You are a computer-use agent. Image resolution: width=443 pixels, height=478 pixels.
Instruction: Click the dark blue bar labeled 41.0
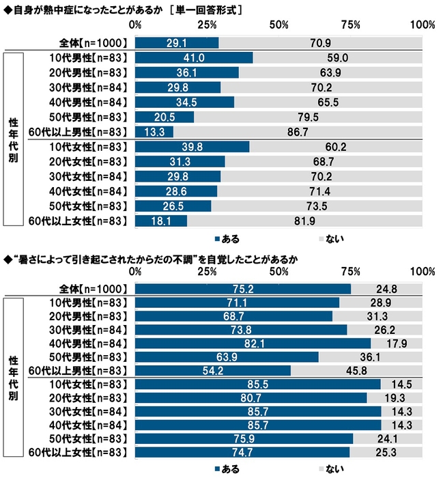[x=194, y=58]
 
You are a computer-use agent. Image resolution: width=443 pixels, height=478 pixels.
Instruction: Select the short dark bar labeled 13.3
[x=154, y=132]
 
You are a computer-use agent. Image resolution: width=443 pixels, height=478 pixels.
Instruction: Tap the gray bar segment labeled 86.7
[x=298, y=132]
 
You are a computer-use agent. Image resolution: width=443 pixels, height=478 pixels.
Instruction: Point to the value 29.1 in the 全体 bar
[x=177, y=42]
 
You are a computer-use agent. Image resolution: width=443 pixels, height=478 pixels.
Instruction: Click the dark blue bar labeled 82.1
[x=253, y=343]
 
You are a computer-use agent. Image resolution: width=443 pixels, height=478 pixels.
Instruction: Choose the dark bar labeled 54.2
[x=213, y=371]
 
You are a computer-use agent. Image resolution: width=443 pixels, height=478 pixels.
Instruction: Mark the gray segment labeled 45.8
[x=356, y=371]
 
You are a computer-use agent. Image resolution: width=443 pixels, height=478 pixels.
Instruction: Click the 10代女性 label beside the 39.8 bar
[x=77, y=147]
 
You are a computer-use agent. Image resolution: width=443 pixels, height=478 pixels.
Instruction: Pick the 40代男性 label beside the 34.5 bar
[x=77, y=102]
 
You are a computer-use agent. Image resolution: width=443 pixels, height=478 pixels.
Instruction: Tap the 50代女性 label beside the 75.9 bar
[x=77, y=438]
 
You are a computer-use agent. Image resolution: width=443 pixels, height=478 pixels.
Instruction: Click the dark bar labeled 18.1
[x=161, y=220]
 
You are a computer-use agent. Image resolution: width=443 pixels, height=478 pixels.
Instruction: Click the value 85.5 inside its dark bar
[x=258, y=385]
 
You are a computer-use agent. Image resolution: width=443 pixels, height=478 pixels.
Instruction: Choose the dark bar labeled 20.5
[x=165, y=117]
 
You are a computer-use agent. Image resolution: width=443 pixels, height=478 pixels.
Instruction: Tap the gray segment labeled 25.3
[x=386, y=451]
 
